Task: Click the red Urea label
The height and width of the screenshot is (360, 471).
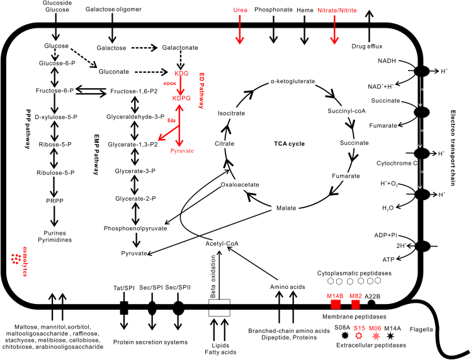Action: [x=240, y=10]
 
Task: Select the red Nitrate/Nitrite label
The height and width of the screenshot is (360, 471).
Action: [x=334, y=10]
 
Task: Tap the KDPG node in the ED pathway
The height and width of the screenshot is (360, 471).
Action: [x=182, y=99]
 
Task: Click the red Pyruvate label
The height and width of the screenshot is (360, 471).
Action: [x=183, y=152]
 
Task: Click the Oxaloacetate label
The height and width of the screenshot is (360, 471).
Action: [x=239, y=184]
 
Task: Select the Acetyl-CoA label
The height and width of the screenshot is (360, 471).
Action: [x=223, y=244]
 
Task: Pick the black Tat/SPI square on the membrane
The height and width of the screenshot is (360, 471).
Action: [x=124, y=308]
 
